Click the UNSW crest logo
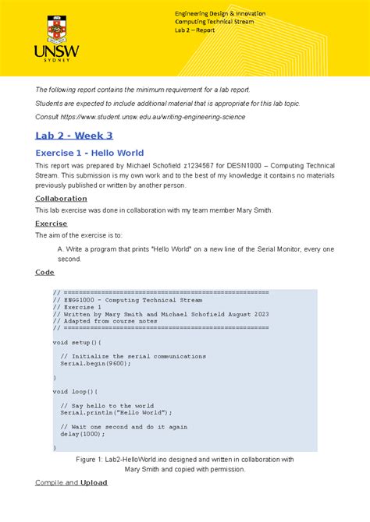(x=57, y=28)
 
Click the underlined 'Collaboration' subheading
(x=61, y=199)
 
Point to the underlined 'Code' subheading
(x=44, y=272)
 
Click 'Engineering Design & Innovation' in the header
(x=220, y=13)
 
